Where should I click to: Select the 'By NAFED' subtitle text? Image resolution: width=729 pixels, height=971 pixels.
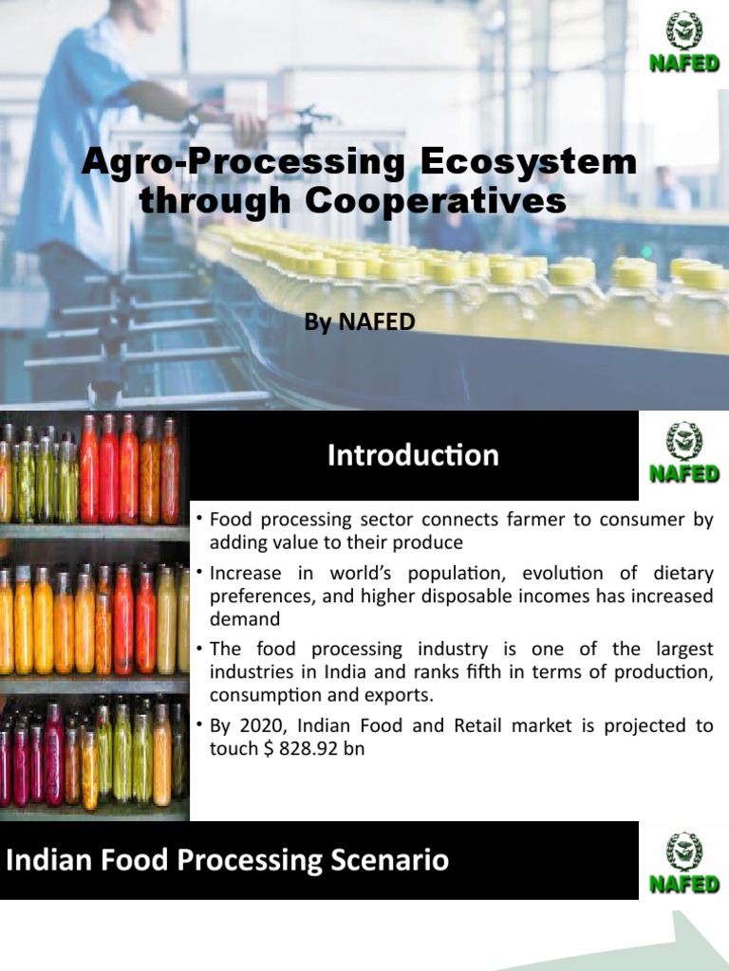point(360,322)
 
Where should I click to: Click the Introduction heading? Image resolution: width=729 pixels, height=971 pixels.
point(413,456)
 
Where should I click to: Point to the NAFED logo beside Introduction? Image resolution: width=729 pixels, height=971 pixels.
point(682,454)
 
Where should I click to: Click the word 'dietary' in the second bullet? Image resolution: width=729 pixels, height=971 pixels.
point(682,574)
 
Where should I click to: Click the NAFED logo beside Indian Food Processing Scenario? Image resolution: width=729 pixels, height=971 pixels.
point(682,861)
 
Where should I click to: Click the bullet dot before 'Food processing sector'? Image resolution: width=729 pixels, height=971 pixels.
point(199,520)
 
